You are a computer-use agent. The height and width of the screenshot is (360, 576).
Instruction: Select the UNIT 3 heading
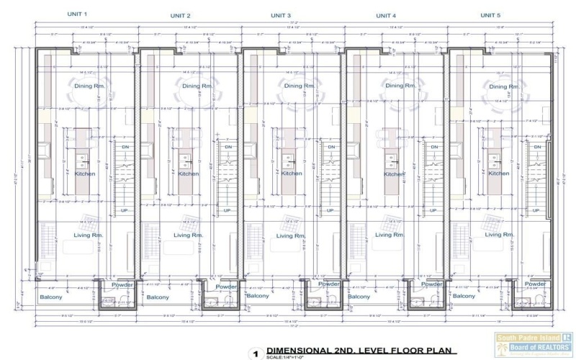[281, 15]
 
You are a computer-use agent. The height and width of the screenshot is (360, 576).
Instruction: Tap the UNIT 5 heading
[491, 14]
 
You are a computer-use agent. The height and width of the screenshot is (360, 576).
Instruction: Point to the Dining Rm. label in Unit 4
[399, 86]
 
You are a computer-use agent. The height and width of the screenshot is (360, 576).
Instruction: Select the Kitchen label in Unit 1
[85, 174]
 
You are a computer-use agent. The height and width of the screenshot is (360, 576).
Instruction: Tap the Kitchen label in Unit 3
[292, 174]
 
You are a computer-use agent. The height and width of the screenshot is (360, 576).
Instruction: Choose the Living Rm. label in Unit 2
[187, 235]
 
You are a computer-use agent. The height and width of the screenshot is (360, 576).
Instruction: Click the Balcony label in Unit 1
[50, 297]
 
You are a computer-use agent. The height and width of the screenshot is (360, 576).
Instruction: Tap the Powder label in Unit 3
[329, 285]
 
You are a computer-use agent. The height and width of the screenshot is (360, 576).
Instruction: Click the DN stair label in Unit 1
[124, 148]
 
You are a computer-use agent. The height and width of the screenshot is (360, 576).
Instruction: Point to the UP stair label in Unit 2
[227, 210]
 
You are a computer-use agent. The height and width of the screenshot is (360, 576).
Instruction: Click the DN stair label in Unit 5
[536, 148]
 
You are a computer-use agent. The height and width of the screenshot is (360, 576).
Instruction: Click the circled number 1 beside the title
[254, 354]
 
